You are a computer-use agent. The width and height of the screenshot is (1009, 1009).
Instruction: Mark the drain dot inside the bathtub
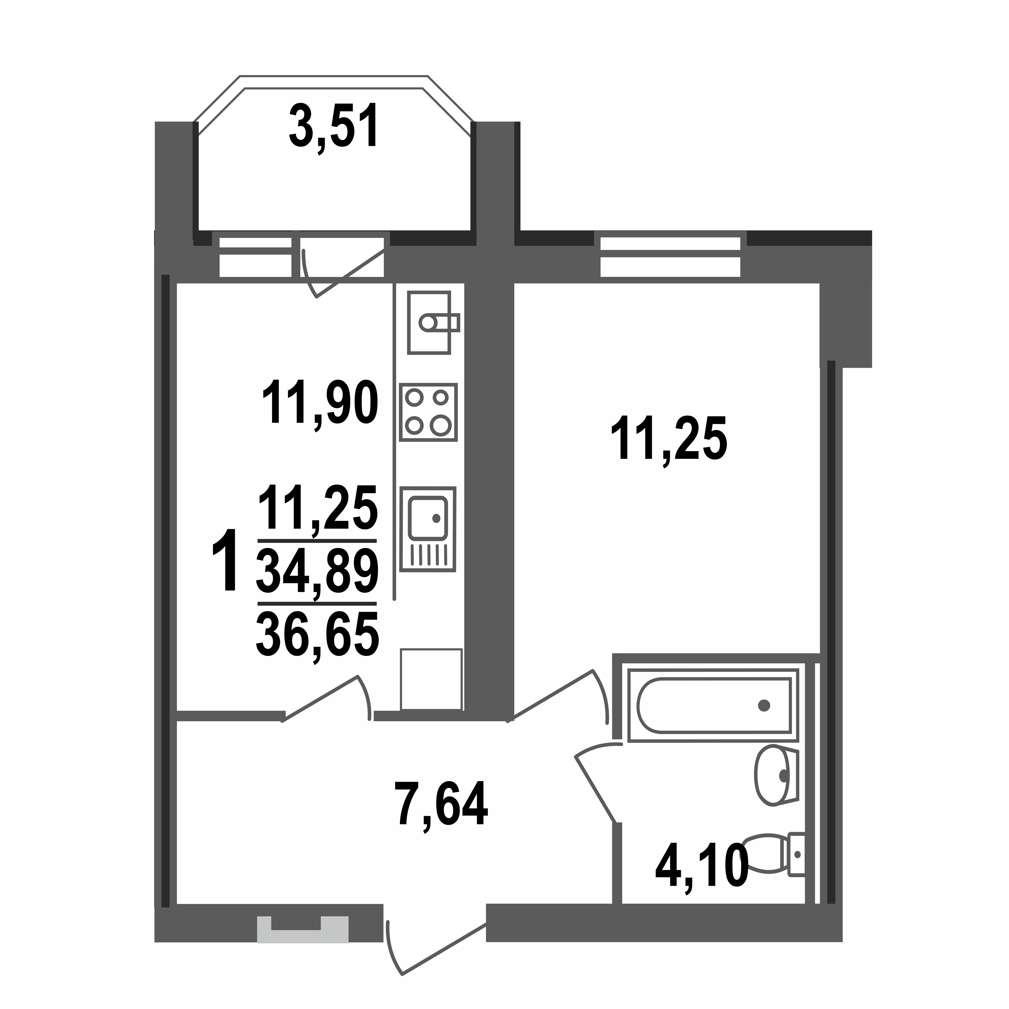click(x=764, y=706)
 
